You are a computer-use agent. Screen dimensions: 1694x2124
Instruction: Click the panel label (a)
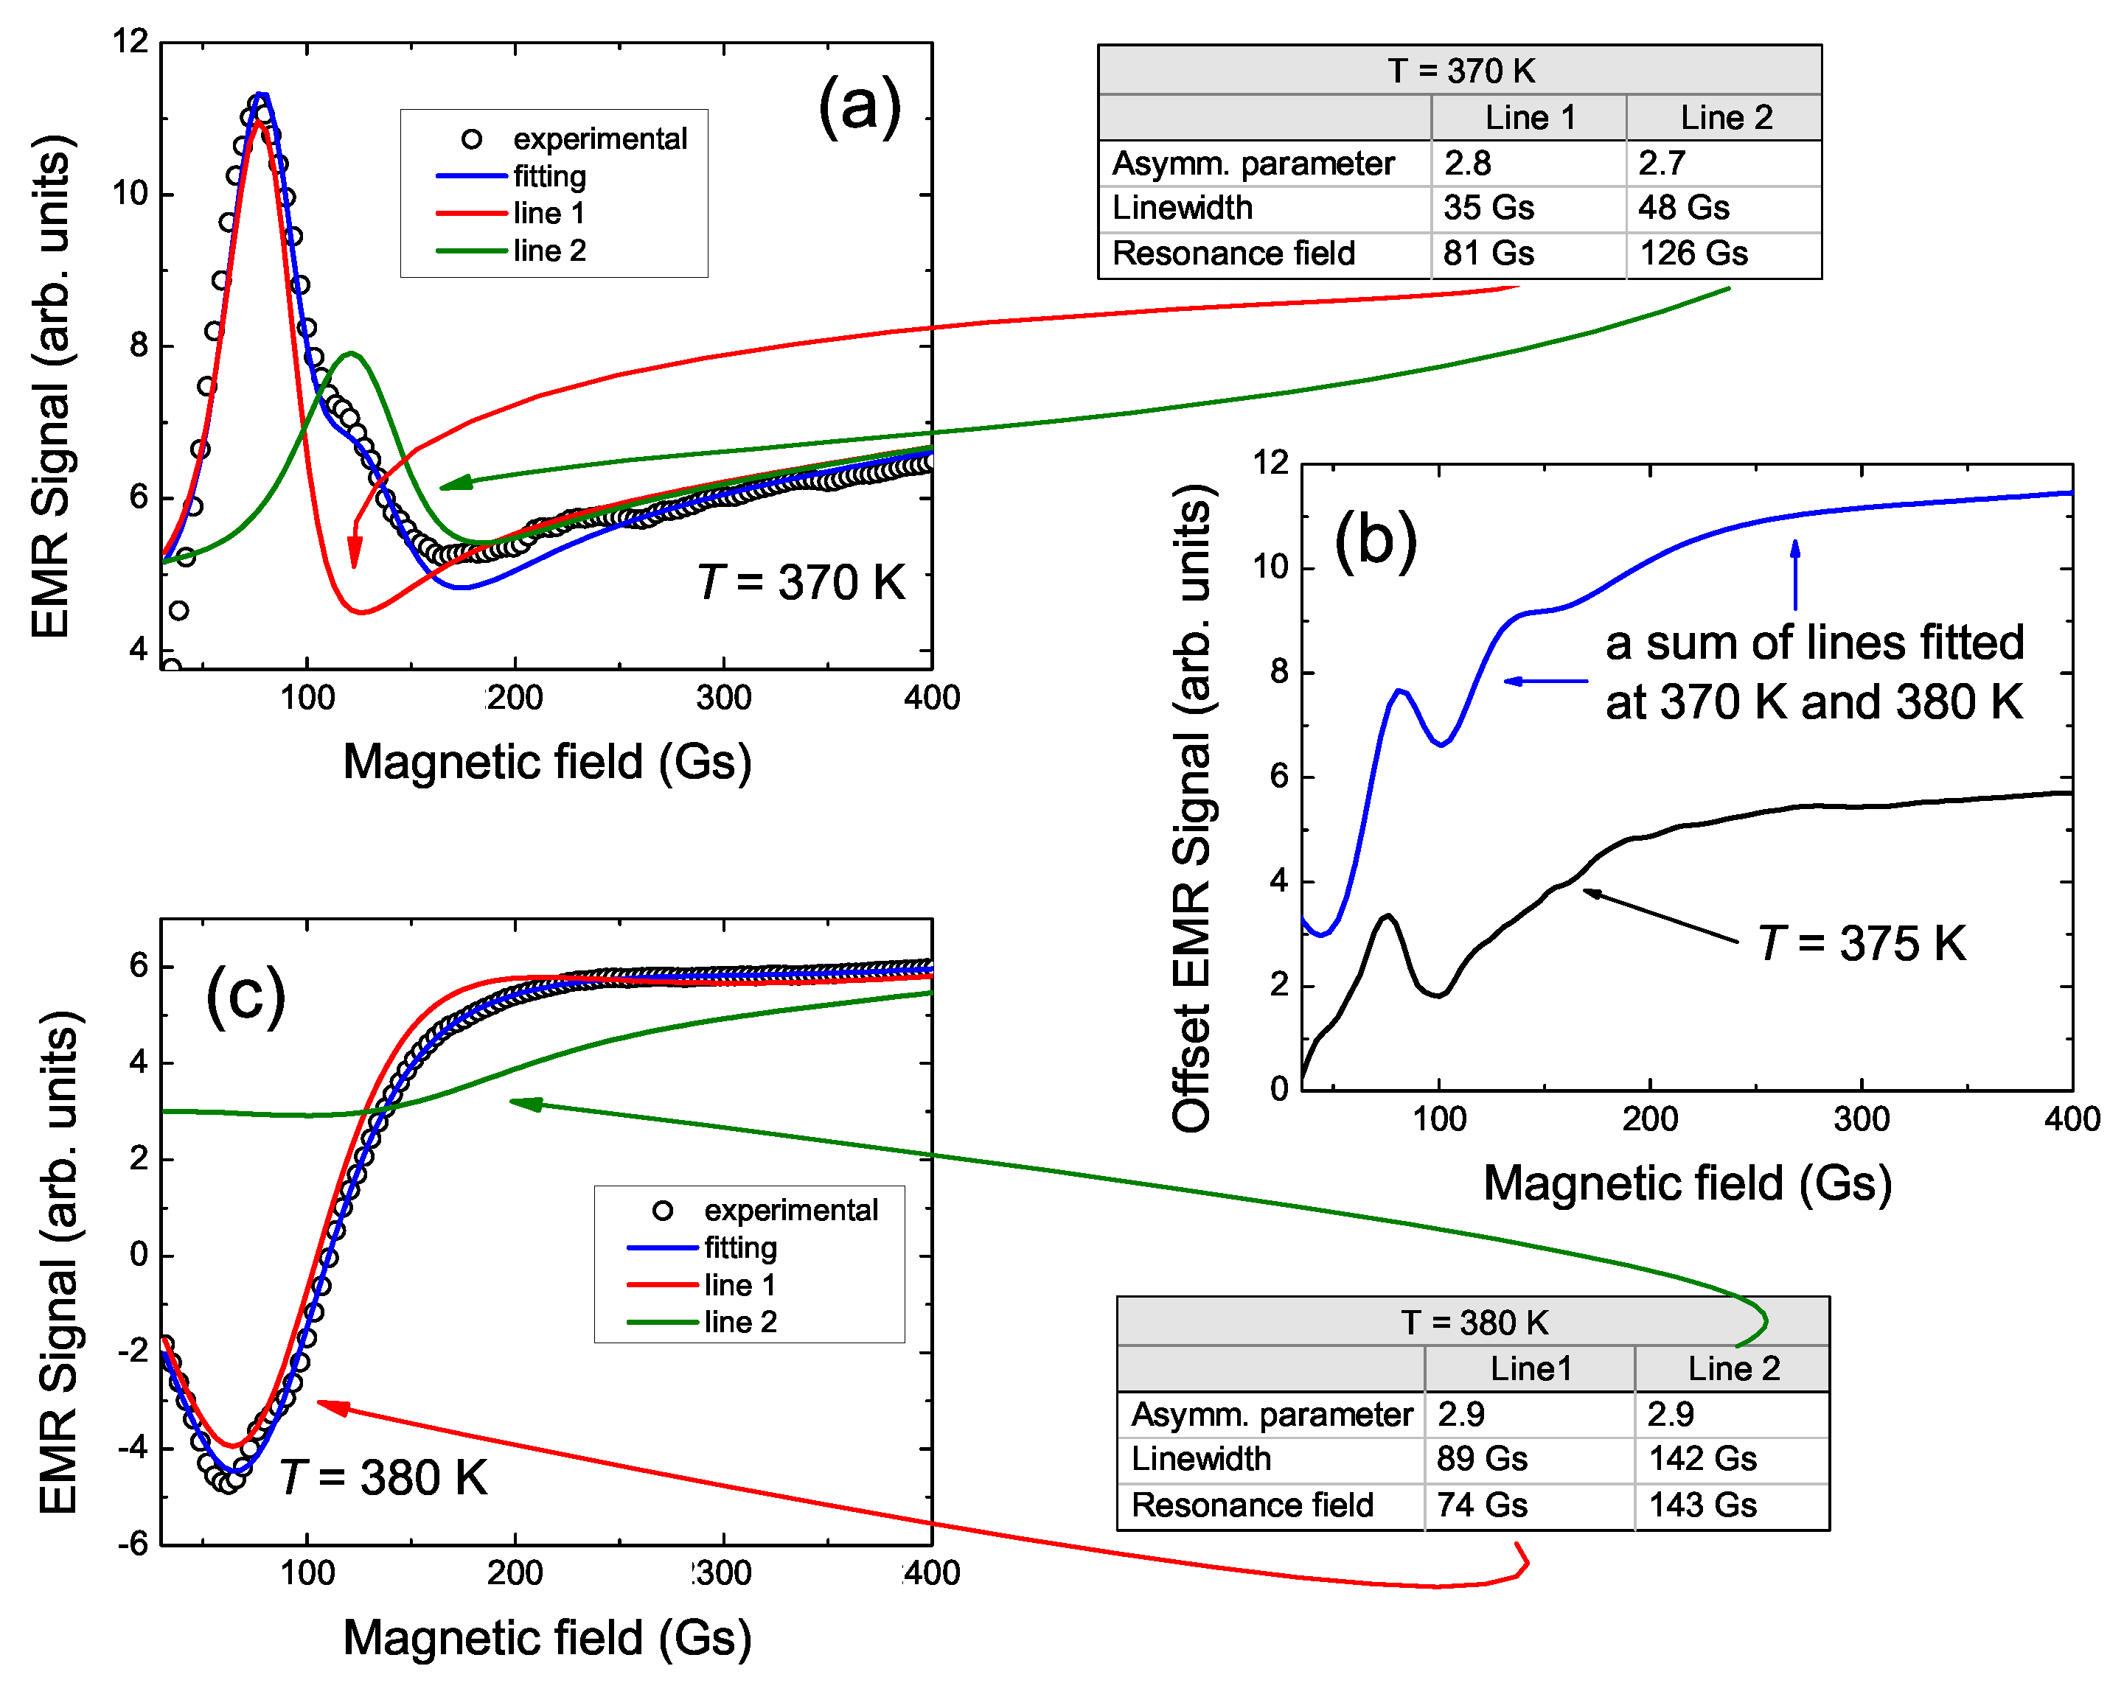(859, 106)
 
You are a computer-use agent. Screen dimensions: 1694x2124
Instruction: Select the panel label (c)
(246, 997)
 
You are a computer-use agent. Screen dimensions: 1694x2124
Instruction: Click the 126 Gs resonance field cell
(1693, 254)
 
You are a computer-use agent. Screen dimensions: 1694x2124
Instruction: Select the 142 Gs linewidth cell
(1702, 1459)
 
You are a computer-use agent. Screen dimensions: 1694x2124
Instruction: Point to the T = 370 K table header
(1460, 71)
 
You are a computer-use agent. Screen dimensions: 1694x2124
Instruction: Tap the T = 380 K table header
(1474, 1323)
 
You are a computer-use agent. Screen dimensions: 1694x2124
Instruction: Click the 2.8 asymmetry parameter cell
(1468, 164)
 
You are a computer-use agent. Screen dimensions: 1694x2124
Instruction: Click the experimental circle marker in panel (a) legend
(472, 139)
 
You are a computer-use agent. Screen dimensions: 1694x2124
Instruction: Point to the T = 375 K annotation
(1862, 943)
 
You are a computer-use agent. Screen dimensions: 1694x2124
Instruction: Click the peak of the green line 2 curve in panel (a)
(349, 354)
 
